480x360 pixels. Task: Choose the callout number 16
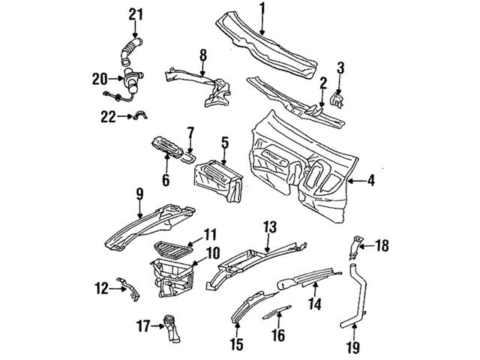278,334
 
